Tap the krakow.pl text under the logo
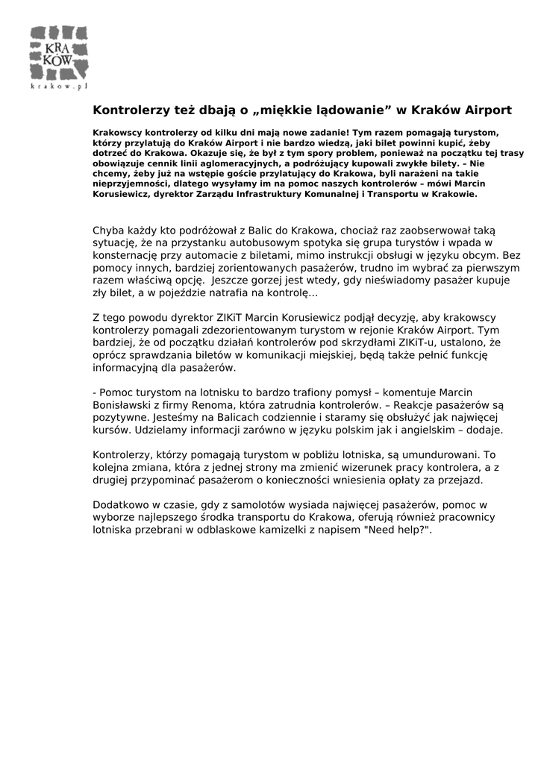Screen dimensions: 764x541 click(59, 86)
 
